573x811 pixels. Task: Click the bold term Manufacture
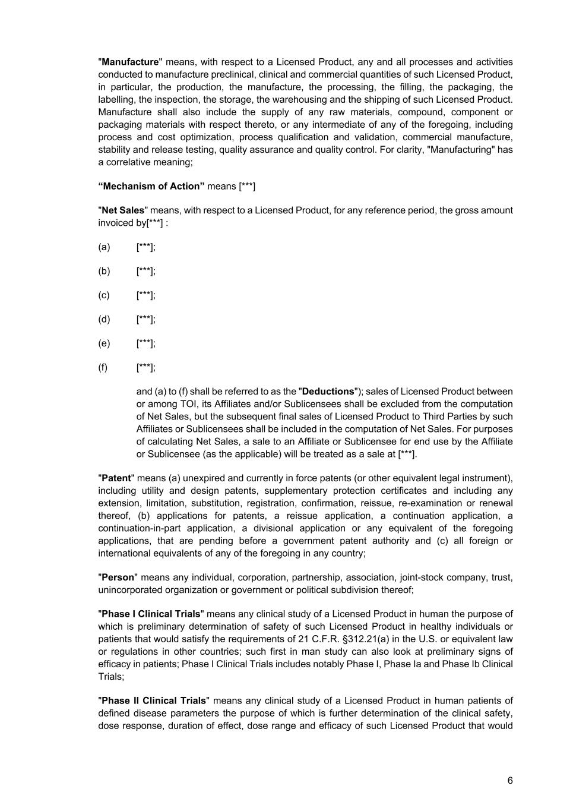131,62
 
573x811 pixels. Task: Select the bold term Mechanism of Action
151,186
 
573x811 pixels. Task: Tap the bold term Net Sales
123,210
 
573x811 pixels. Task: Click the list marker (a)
104,247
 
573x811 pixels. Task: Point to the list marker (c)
104,295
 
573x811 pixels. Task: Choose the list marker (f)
103,367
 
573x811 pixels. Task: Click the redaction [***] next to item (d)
145,320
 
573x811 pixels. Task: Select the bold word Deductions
328,392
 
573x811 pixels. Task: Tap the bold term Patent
116,478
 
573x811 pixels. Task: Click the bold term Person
118,578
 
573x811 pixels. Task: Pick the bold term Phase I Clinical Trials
151,614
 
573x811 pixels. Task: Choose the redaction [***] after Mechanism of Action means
247,186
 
